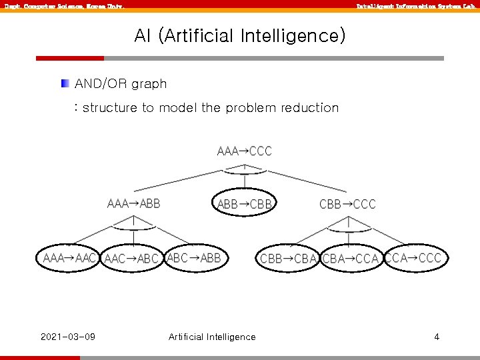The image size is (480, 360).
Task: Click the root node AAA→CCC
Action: pos(245,151)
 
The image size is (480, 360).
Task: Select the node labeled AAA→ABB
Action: pos(133,203)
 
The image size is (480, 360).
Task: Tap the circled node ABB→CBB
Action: pos(245,204)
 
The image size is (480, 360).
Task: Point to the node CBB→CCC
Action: pos(347,204)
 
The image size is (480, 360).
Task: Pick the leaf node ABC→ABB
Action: pos(194,258)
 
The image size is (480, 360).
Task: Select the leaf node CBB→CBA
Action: pos(288,259)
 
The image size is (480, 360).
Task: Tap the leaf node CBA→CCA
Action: pos(350,259)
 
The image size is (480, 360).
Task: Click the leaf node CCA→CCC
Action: pos(413,258)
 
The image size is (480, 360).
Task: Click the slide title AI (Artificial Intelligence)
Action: pos(240,35)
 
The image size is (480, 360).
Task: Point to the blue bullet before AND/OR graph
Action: pos(64,84)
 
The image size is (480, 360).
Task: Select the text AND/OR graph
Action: pos(121,84)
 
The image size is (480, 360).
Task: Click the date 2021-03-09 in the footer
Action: pos(67,336)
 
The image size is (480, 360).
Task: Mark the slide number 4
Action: pos(437,336)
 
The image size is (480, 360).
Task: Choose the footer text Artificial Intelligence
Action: pos(212,337)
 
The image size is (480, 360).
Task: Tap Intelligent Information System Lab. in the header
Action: pos(415,6)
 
